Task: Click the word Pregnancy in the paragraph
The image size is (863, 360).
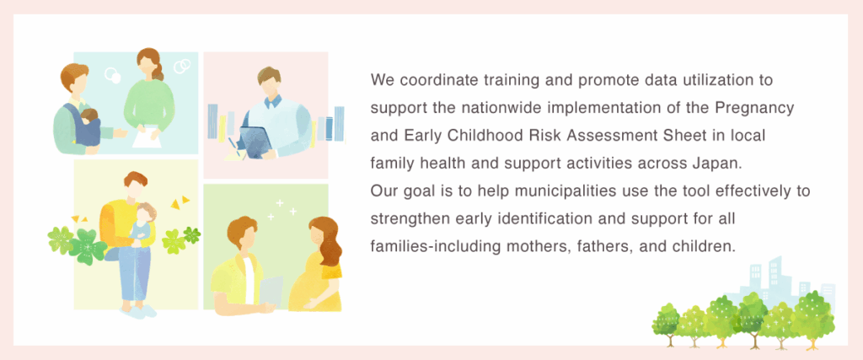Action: click(x=754, y=109)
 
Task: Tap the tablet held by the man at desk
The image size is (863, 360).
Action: click(x=255, y=142)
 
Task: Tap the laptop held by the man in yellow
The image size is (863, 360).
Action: click(x=271, y=293)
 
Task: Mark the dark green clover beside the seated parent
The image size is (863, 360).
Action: click(x=87, y=246)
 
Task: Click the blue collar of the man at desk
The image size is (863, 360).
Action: click(x=273, y=102)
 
